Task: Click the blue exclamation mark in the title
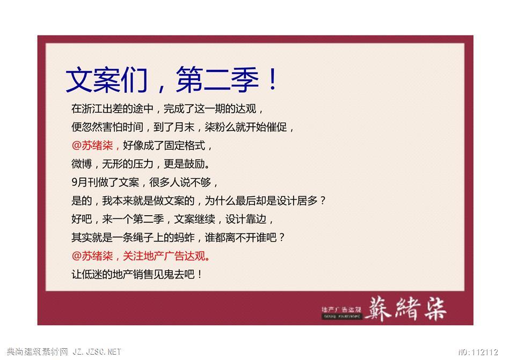click(x=273, y=79)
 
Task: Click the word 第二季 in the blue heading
click(x=217, y=79)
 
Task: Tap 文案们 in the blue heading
click(x=107, y=79)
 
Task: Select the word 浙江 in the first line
click(x=92, y=108)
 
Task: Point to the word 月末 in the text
click(x=184, y=127)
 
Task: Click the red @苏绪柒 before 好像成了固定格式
click(x=92, y=145)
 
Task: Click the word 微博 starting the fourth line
click(x=82, y=164)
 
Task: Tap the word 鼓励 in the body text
click(x=194, y=164)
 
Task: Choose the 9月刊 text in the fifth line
click(x=87, y=182)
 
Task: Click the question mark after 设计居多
click(x=322, y=201)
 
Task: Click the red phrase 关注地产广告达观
click(x=164, y=256)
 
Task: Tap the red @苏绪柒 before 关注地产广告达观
click(x=92, y=256)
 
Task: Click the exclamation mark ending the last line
click(x=199, y=275)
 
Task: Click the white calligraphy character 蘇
click(x=378, y=308)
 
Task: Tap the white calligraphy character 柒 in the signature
click(x=434, y=308)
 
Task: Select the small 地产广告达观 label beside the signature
click(x=341, y=310)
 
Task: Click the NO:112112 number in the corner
click(x=478, y=352)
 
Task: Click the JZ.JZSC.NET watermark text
click(x=97, y=351)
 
